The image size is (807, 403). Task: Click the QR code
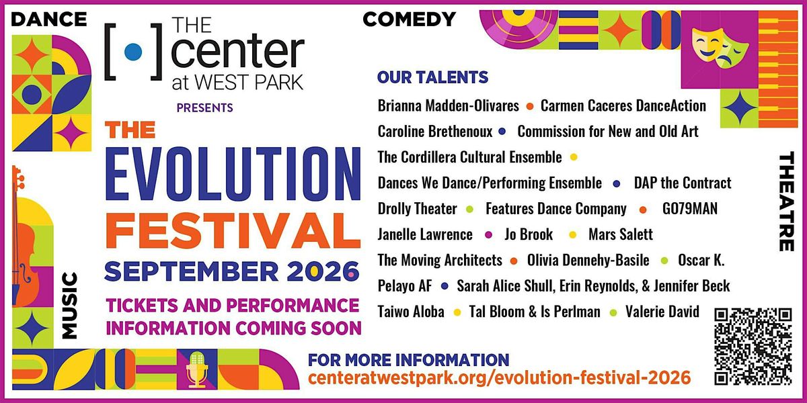click(x=753, y=347)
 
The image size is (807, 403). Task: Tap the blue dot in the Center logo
click(x=133, y=52)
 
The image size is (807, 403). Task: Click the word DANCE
click(x=49, y=19)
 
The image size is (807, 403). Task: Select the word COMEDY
click(x=410, y=19)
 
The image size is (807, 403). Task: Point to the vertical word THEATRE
click(x=786, y=201)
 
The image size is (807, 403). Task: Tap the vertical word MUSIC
click(x=69, y=306)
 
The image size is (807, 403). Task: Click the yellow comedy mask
click(x=707, y=44)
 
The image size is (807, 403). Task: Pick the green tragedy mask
click(x=732, y=53)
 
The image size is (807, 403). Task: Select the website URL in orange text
click(x=499, y=377)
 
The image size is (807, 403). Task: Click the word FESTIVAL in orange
click(x=233, y=230)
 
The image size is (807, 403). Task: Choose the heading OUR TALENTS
click(x=432, y=77)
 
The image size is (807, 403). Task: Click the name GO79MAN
click(x=690, y=209)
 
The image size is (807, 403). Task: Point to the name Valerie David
click(x=662, y=312)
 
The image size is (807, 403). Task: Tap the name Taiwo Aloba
click(x=411, y=312)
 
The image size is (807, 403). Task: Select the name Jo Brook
click(x=529, y=234)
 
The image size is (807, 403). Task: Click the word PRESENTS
click(x=204, y=108)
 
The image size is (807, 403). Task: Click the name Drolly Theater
click(x=417, y=209)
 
